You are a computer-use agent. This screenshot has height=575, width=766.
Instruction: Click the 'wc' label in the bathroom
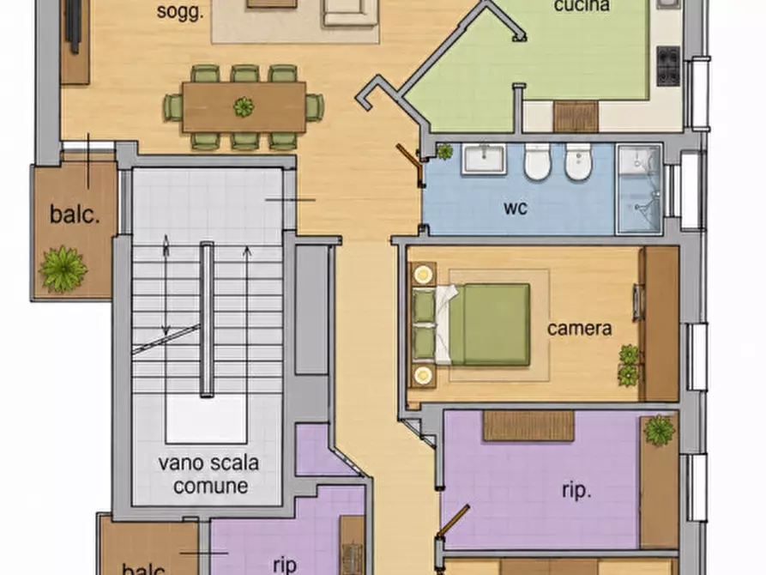516,208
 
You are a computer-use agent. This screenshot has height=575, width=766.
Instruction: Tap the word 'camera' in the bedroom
579,328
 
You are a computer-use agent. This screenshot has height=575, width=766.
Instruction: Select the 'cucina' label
582,6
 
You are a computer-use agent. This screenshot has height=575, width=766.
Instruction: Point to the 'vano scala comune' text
208,475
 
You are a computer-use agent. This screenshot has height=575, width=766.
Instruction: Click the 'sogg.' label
180,11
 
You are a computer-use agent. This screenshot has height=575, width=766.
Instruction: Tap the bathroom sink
484,159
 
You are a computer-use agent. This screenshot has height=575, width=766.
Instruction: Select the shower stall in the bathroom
640,189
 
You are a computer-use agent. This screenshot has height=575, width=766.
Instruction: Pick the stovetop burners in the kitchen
668,65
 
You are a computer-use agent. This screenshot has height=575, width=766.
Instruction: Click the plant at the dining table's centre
244,106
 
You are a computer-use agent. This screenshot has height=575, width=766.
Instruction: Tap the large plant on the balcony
63,269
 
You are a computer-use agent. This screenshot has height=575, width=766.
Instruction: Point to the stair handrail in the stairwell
207,319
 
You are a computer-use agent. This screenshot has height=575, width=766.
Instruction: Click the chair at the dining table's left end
172,107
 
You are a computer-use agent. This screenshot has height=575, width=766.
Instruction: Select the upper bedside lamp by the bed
424,275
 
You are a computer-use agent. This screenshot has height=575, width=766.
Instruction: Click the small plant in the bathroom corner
444,152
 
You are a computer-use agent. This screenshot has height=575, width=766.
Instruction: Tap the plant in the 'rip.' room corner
660,430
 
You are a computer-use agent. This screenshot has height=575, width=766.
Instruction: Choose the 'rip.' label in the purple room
576,491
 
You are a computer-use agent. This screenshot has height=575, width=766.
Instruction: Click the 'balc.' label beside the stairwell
75,215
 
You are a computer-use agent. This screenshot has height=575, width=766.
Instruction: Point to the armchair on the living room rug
350,11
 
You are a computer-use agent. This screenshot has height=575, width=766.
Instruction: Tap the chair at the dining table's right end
315,107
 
